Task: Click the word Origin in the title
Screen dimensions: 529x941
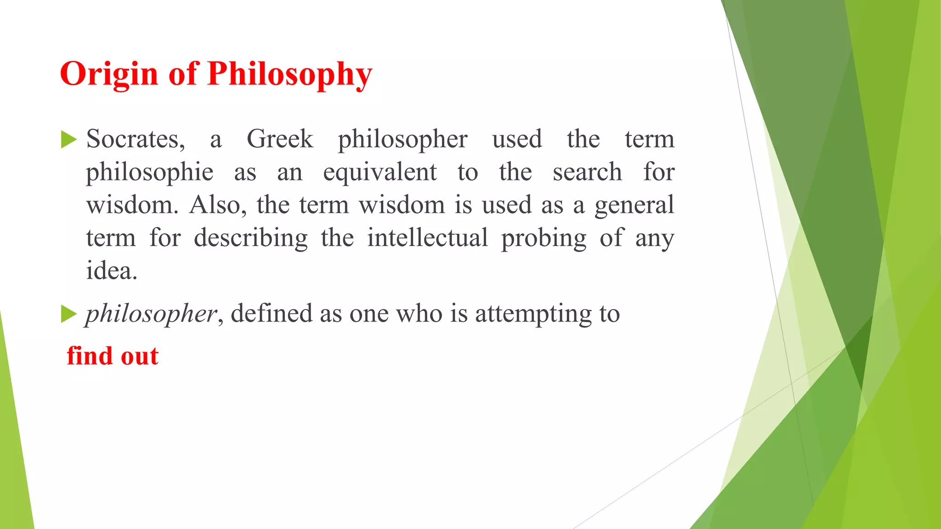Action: tap(109, 74)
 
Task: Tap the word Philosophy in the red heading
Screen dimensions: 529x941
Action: tap(289, 74)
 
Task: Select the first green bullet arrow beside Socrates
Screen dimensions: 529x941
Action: tap(68, 139)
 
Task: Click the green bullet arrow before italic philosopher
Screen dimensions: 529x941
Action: tap(68, 314)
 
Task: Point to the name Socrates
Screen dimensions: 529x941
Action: tap(136, 139)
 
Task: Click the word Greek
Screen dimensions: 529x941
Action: tap(280, 139)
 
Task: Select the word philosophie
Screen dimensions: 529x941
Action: tap(149, 173)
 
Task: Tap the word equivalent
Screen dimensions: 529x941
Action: tap(380, 173)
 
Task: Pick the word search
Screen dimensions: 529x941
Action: tap(587, 173)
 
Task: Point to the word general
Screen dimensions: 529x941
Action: tap(634, 205)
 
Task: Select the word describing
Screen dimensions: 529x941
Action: tap(250, 238)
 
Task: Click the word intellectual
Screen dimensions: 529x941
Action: tap(427, 238)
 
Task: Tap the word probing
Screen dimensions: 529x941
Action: tap(544, 238)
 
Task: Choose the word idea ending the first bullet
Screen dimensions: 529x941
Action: tap(111, 271)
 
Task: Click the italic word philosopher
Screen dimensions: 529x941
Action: tap(151, 314)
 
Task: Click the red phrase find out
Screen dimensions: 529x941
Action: tap(113, 356)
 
